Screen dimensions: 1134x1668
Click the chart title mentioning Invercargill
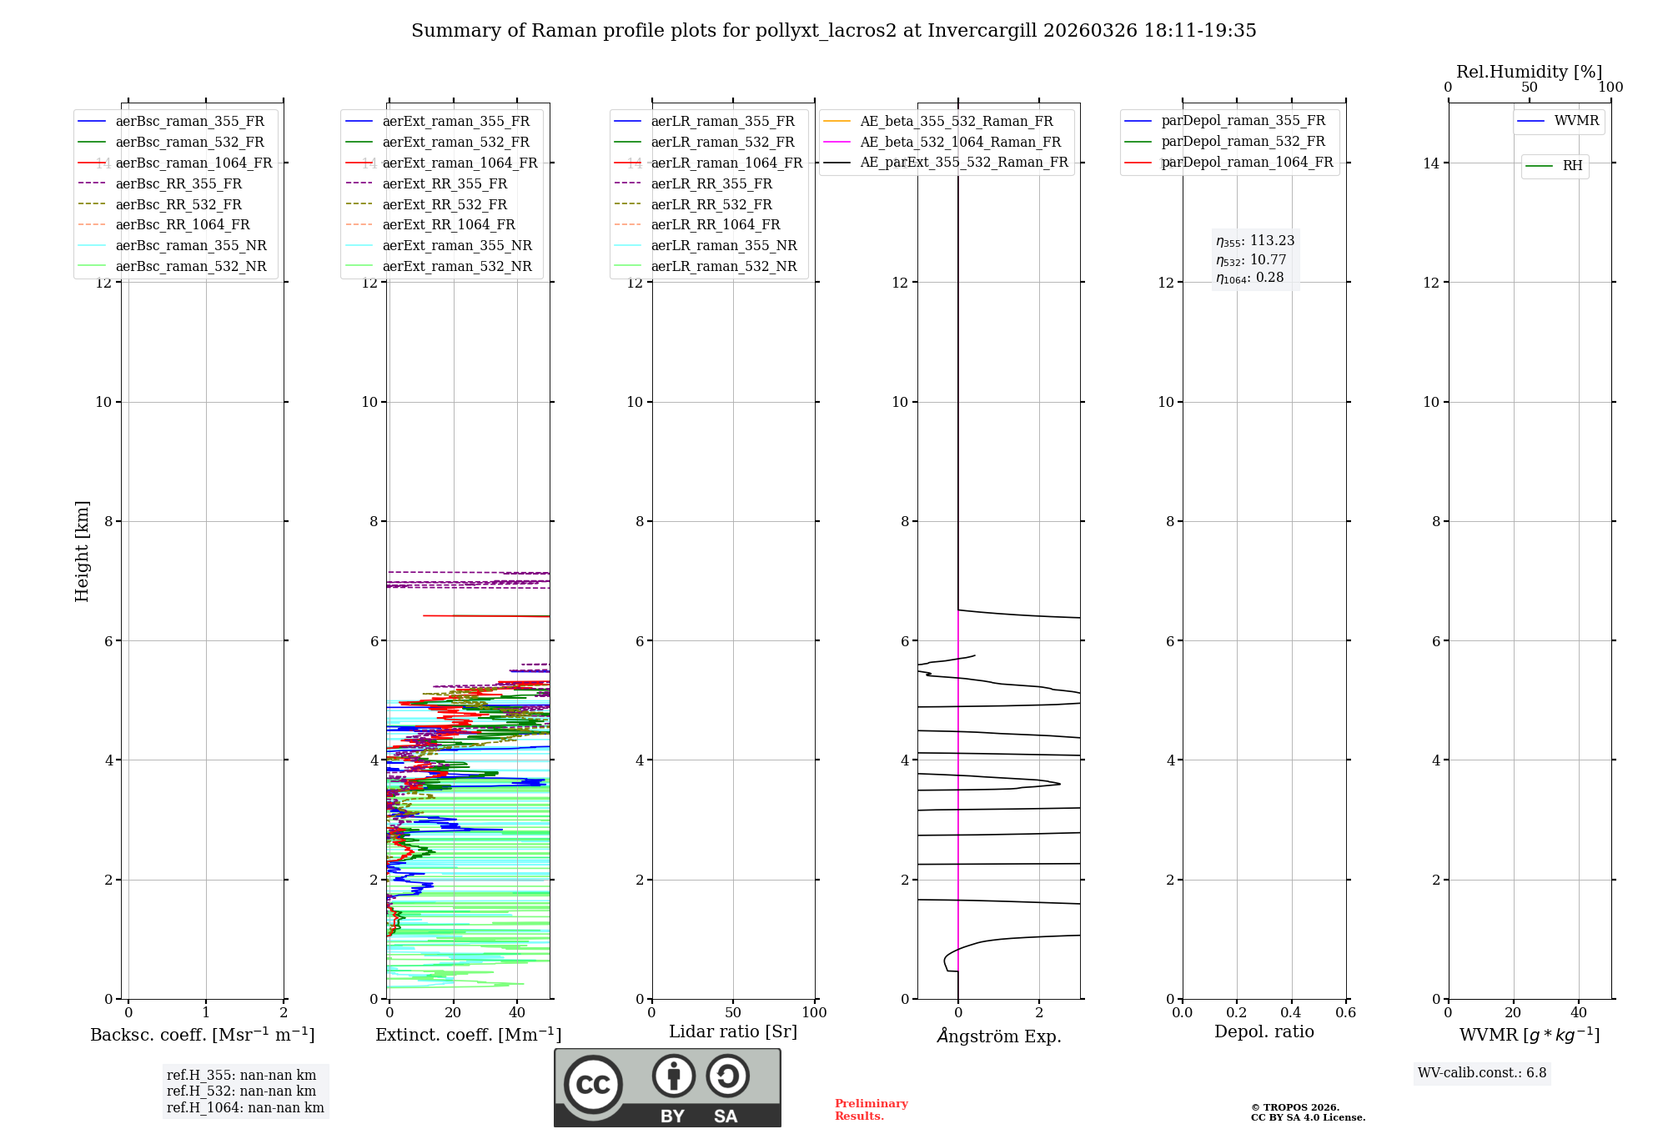point(833,31)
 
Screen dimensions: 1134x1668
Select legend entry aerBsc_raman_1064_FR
point(193,163)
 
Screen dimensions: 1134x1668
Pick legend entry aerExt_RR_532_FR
point(445,204)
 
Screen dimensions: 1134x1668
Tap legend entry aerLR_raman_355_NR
point(723,245)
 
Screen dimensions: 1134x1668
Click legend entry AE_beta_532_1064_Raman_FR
point(960,142)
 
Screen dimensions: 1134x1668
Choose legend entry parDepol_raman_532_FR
point(1243,142)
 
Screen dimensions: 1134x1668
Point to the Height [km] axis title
point(82,550)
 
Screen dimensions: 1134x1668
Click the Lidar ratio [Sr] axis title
point(732,1031)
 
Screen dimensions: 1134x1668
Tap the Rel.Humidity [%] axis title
point(1529,72)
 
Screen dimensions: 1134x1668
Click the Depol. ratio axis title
point(1264,1031)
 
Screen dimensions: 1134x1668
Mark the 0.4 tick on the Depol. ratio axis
point(1291,1012)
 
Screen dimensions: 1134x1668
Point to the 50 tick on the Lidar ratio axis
point(733,1012)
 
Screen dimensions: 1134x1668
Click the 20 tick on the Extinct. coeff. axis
point(453,1012)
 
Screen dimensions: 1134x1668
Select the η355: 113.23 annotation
point(1254,241)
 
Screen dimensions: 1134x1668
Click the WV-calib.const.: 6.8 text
point(1481,1073)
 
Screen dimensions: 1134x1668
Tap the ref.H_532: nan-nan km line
point(241,1091)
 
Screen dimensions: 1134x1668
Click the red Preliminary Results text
point(871,1109)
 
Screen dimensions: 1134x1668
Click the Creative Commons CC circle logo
point(593,1084)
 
